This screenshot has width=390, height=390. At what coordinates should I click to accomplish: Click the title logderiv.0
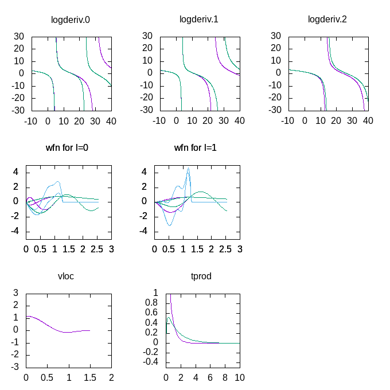pyautogui.click(x=71, y=19)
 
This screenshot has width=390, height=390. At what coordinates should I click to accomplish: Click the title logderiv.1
pyautogui.click(x=199, y=19)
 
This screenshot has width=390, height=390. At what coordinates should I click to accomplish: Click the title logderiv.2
pyautogui.click(x=327, y=19)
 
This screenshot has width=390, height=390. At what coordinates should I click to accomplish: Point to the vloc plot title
pyautogui.click(x=66, y=276)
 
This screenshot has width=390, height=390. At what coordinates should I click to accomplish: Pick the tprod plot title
pyautogui.click(x=201, y=276)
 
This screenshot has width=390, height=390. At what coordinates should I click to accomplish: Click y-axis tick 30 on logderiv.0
pyautogui.click(x=19, y=36)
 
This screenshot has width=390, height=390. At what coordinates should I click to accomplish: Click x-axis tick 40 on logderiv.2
pyautogui.click(x=368, y=121)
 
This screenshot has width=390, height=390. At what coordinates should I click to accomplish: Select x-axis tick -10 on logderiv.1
pyautogui.click(x=160, y=121)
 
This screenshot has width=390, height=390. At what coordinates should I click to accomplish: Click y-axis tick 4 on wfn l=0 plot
pyautogui.click(x=16, y=172)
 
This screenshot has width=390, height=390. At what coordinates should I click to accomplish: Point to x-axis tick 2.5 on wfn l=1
pyautogui.click(x=226, y=249)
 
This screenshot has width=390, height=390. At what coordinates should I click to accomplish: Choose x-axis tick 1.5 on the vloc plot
pyautogui.click(x=90, y=378)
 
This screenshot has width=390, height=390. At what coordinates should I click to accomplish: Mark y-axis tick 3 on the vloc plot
pyautogui.click(x=16, y=292)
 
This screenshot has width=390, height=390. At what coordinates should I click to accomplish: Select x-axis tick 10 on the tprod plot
pyautogui.click(x=240, y=378)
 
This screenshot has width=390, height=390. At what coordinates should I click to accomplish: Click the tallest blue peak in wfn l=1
pyautogui.click(x=188, y=169)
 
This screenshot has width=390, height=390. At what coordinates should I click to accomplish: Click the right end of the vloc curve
pyautogui.click(x=90, y=330)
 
